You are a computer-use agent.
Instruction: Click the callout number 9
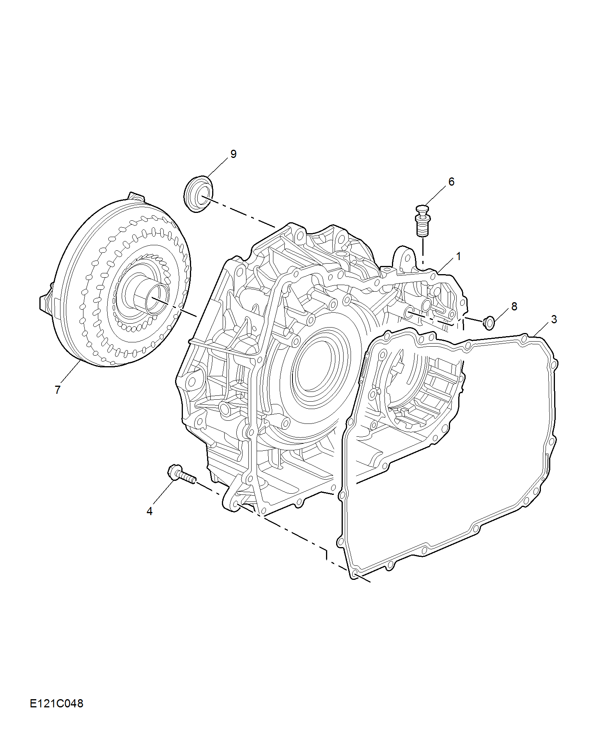(233, 154)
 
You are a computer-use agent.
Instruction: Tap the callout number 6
(451, 182)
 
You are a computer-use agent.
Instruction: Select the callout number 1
(459, 256)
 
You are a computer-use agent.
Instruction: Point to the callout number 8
(514, 306)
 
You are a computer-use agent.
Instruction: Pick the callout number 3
(554, 319)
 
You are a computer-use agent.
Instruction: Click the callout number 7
(58, 390)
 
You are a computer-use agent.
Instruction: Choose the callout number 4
(149, 511)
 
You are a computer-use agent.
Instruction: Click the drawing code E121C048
(57, 703)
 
